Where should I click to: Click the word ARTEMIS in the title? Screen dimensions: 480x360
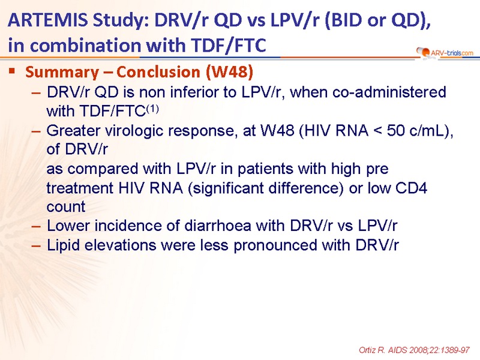(48, 20)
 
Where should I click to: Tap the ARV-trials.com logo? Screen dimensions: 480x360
(445, 53)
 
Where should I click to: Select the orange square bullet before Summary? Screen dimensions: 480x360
(12, 71)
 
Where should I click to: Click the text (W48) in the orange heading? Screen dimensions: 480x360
(230, 72)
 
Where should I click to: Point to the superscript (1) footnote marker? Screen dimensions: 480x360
(152, 109)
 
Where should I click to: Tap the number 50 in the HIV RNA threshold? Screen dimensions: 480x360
(396, 131)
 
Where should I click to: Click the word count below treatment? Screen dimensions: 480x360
(66, 207)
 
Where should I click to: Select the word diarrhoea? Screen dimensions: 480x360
(218, 226)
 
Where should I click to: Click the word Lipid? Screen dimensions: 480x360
(63, 245)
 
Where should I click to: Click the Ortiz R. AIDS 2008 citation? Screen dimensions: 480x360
(414, 350)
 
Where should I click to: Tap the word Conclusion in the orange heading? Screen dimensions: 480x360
(158, 72)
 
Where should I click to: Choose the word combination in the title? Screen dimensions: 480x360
(86, 45)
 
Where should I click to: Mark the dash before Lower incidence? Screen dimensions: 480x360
(36, 227)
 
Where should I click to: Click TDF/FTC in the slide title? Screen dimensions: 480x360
(229, 46)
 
